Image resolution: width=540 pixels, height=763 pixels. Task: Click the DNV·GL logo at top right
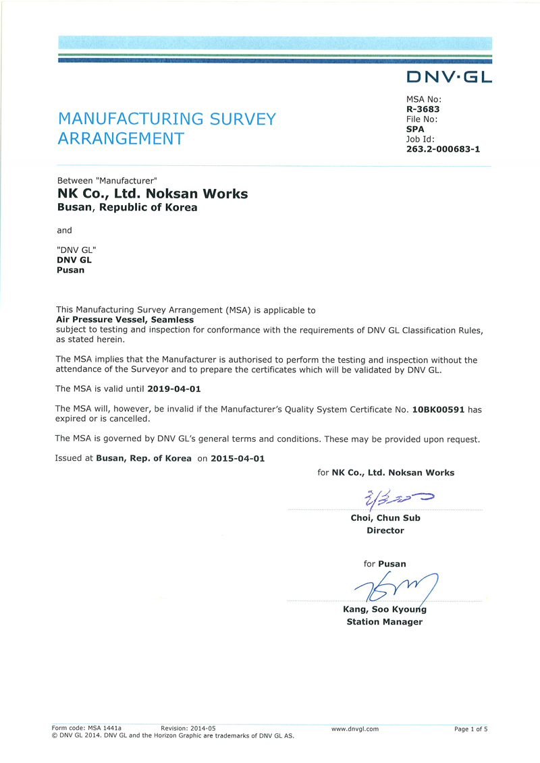(x=449, y=77)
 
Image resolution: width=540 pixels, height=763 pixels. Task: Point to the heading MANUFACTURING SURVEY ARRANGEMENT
(x=167, y=129)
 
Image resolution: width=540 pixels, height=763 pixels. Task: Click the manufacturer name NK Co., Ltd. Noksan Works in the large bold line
(x=153, y=194)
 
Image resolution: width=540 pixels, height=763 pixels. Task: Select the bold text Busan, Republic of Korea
(x=128, y=208)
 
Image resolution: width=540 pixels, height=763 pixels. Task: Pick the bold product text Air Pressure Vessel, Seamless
(x=125, y=320)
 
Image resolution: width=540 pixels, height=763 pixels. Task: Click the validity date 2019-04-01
(x=174, y=389)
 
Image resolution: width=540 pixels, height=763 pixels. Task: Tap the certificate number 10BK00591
(x=438, y=409)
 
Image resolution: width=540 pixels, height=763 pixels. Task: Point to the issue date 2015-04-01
(x=238, y=458)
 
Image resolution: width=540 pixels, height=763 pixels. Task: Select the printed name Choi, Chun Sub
(x=385, y=518)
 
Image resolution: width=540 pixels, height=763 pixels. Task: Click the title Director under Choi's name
(x=385, y=530)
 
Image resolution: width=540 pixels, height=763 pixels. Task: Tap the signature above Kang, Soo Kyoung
(x=392, y=587)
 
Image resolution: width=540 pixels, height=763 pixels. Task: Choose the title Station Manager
(x=385, y=622)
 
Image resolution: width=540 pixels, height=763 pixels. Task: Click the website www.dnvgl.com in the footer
(x=355, y=729)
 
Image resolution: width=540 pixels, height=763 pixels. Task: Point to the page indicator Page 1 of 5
(x=470, y=729)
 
